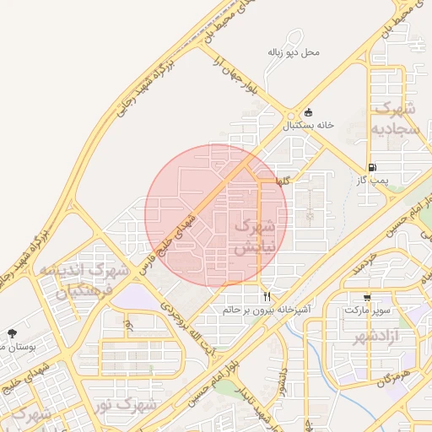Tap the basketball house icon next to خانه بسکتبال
308,112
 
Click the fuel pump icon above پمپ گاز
373,167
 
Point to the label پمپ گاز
371,180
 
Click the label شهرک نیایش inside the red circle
252,237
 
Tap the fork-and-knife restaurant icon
267,296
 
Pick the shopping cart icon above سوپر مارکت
367,297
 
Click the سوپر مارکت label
367,310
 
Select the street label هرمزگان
393,379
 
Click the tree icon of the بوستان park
12,334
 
